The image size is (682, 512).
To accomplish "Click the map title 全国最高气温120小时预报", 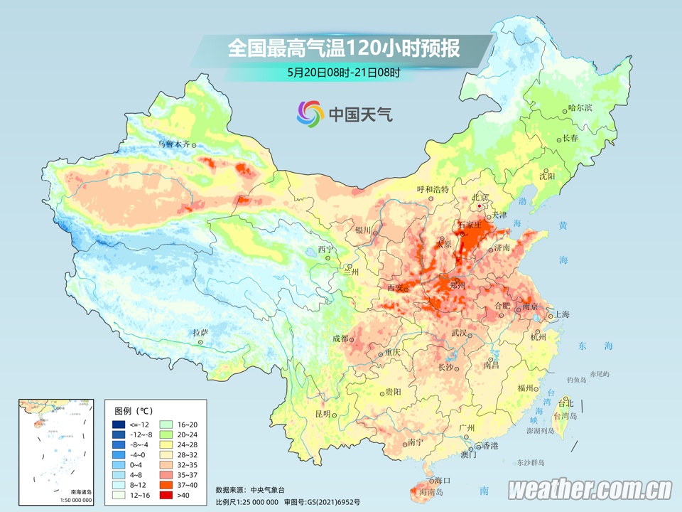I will point(344,48).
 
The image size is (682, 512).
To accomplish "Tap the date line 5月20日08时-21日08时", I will point(344,72).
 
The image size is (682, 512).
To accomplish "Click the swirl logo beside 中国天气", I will point(310,112).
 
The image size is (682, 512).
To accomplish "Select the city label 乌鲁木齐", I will point(173,144).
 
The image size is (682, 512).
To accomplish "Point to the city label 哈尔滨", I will point(580,108).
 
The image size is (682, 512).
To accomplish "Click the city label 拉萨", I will point(200,333).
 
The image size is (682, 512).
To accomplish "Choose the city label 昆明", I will point(323,414).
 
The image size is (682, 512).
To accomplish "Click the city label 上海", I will point(561,314).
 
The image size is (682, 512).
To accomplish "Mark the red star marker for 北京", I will point(480,206).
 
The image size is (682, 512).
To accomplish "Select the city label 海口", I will point(443,480).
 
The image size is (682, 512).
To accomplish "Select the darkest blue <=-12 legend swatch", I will point(119,425).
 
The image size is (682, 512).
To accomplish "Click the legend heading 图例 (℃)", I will point(134,410).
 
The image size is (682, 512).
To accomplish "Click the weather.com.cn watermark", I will point(590,489).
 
